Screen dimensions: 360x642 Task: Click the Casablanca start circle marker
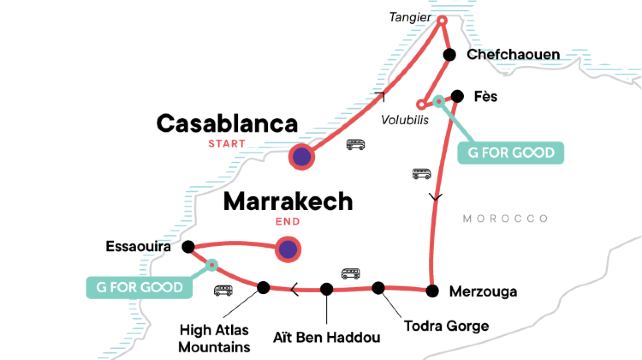[x=301, y=156]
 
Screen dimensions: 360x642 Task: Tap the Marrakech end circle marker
[x=288, y=249]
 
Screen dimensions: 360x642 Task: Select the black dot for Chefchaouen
[x=449, y=55]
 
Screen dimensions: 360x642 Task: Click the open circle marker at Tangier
[x=442, y=19]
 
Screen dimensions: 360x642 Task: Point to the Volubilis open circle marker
[x=421, y=103]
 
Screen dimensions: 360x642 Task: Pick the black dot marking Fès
[x=457, y=96]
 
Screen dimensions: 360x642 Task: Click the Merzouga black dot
[x=431, y=291]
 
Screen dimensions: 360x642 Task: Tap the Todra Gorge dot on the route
[x=378, y=288]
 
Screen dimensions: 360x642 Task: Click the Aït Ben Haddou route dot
[x=326, y=289]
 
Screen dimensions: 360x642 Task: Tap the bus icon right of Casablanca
[x=355, y=144]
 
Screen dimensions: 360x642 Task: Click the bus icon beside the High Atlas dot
[x=223, y=291]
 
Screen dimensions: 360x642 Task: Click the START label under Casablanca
[x=227, y=143]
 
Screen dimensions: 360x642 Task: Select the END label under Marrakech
[x=287, y=222]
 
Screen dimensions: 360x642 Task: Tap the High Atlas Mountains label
[x=216, y=337]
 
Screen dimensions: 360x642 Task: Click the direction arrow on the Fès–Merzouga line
[x=435, y=197]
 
